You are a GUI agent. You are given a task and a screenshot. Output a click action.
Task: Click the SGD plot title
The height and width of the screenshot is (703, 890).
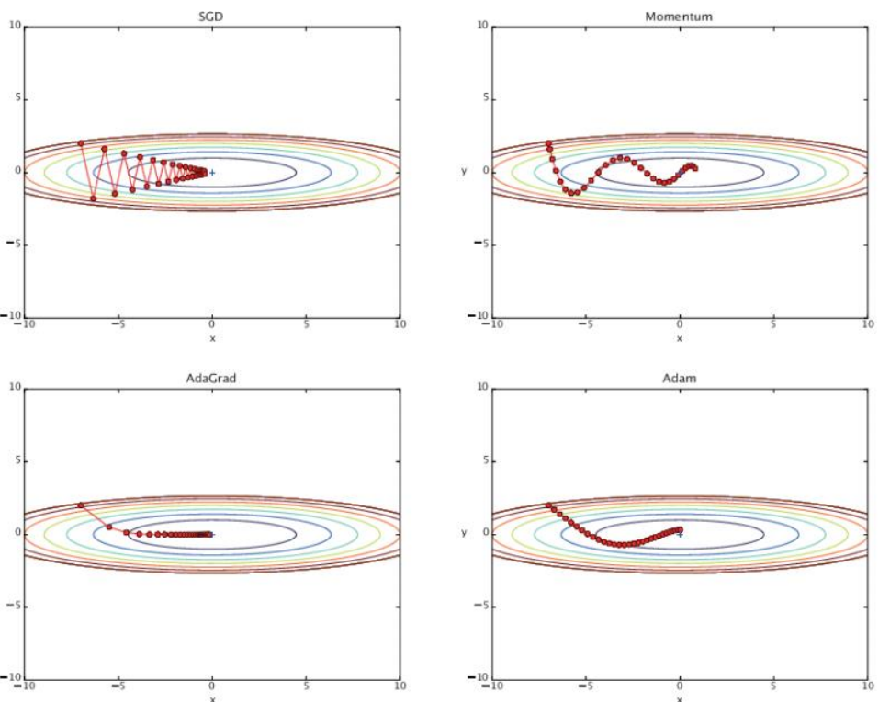click(x=211, y=16)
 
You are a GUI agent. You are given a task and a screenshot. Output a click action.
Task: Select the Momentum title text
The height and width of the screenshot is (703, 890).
click(x=680, y=16)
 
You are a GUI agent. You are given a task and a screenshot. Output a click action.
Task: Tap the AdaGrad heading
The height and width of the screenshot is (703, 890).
click(x=211, y=378)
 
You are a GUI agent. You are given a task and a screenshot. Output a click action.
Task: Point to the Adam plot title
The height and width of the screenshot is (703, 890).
click(x=680, y=378)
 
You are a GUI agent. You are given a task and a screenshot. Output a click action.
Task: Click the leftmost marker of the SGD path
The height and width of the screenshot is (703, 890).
click(x=81, y=143)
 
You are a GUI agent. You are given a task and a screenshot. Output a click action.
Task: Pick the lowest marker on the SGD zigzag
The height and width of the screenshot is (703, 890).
click(x=93, y=198)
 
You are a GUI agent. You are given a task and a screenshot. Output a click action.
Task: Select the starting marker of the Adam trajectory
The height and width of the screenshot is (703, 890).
click(x=548, y=505)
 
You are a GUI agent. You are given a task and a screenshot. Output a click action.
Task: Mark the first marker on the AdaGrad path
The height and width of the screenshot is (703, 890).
click(x=81, y=505)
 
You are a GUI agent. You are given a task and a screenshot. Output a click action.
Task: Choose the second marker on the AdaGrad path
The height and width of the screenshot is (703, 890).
click(x=108, y=527)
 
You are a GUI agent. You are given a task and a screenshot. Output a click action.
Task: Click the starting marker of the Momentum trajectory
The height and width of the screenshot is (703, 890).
click(x=548, y=143)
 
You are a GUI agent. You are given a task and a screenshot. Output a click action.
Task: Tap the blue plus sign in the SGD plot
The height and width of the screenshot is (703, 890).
click(x=212, y=172)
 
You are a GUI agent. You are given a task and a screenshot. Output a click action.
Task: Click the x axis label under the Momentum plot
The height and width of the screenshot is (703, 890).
click(x=680, y=338)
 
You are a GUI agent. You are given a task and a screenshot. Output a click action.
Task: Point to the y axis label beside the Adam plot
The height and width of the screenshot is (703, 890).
click(x=464, y=533)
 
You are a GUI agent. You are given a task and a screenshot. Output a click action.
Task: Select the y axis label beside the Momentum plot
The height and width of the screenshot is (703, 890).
click(x=464, y=172)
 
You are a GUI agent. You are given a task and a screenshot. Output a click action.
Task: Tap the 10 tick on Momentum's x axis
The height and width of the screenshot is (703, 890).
click(x=867, y=325)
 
